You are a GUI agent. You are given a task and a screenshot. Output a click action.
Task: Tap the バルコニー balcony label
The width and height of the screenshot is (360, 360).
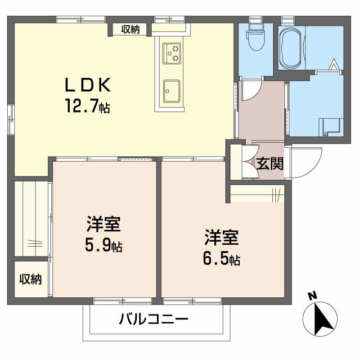coord(153,320)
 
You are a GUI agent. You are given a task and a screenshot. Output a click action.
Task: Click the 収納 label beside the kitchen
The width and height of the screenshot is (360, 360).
coord(130,30)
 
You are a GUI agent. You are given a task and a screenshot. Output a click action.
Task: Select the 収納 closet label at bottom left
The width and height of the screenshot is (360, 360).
coord(30,279)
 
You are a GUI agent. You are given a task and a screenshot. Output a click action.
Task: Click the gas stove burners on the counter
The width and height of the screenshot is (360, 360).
coord(171,53)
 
